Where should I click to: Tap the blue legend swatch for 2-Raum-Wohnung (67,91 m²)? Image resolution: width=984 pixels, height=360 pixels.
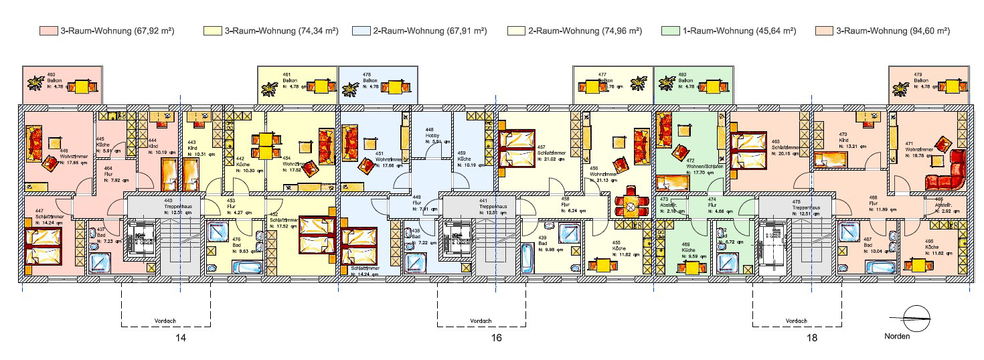tap(361, 31)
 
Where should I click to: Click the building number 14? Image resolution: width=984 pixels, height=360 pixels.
tap(180, 338)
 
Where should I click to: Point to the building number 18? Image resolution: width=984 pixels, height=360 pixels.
tap(811, 338)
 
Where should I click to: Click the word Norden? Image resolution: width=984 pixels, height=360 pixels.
tap(897, 336)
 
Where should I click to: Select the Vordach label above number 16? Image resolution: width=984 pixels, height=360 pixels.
tap(481, 321)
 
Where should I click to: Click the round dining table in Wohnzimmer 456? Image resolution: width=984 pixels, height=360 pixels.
tap(631, 207)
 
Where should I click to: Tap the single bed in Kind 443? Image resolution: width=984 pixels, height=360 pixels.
tap(191, 178)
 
